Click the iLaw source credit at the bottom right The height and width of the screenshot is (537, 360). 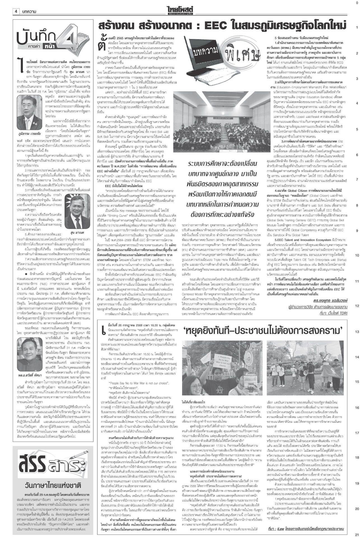(305, 529)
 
